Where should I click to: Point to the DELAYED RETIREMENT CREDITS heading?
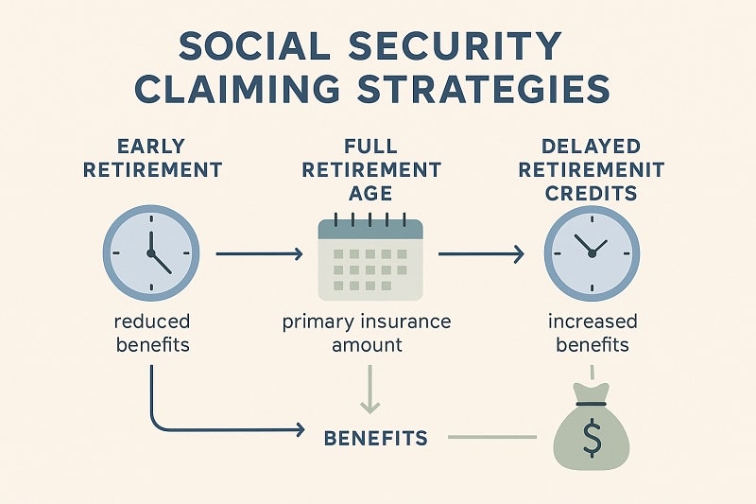point(591,170)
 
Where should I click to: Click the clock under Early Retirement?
point(151,253)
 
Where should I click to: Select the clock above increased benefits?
point(592,253)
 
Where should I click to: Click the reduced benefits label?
point(152,332)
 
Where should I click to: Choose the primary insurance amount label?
point(367,332)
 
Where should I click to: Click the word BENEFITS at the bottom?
point(376,438)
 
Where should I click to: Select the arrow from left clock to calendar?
point(259,253)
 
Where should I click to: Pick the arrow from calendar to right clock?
point(481,253)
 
